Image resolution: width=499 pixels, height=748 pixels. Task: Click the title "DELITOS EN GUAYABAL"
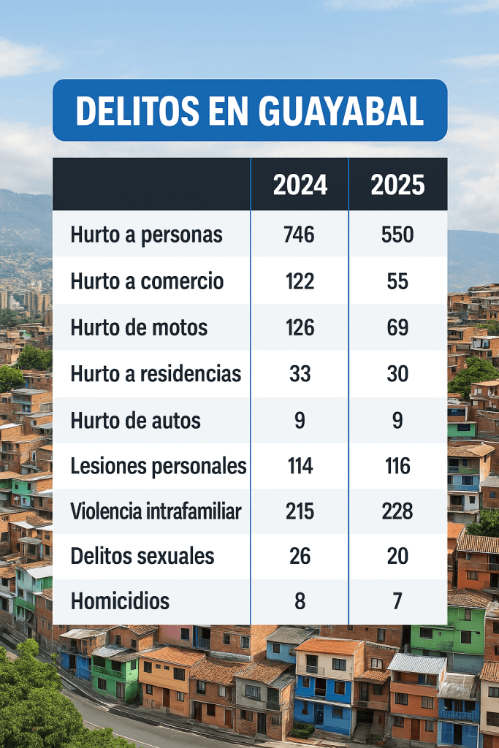250,110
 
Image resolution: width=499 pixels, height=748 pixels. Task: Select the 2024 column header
300,186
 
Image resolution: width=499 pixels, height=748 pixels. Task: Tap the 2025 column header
397,186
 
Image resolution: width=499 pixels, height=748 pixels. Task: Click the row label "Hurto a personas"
146,235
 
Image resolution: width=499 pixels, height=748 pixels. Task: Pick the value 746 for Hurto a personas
300,235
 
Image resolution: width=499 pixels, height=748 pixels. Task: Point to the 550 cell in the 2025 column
397,235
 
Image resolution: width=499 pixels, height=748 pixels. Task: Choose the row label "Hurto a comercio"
147,282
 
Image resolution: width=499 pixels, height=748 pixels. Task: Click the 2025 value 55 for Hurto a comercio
397,282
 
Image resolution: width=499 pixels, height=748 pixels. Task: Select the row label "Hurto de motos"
139,328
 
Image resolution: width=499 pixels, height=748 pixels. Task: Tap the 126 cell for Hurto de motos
300,328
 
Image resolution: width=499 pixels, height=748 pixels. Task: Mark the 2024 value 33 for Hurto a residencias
300,375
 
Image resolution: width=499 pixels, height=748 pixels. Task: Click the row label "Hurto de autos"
135,421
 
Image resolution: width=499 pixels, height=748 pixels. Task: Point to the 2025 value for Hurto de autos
397,421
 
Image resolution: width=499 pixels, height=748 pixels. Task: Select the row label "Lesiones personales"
158,466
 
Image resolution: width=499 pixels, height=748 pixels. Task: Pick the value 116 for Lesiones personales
397,466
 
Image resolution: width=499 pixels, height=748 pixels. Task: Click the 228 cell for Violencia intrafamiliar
397,511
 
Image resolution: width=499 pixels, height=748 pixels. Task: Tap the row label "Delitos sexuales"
142,556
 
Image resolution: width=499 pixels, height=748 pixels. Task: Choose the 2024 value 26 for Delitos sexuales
300,556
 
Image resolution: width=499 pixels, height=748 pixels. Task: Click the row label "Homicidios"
120,602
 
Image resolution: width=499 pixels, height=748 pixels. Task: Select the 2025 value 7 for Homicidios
397,602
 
